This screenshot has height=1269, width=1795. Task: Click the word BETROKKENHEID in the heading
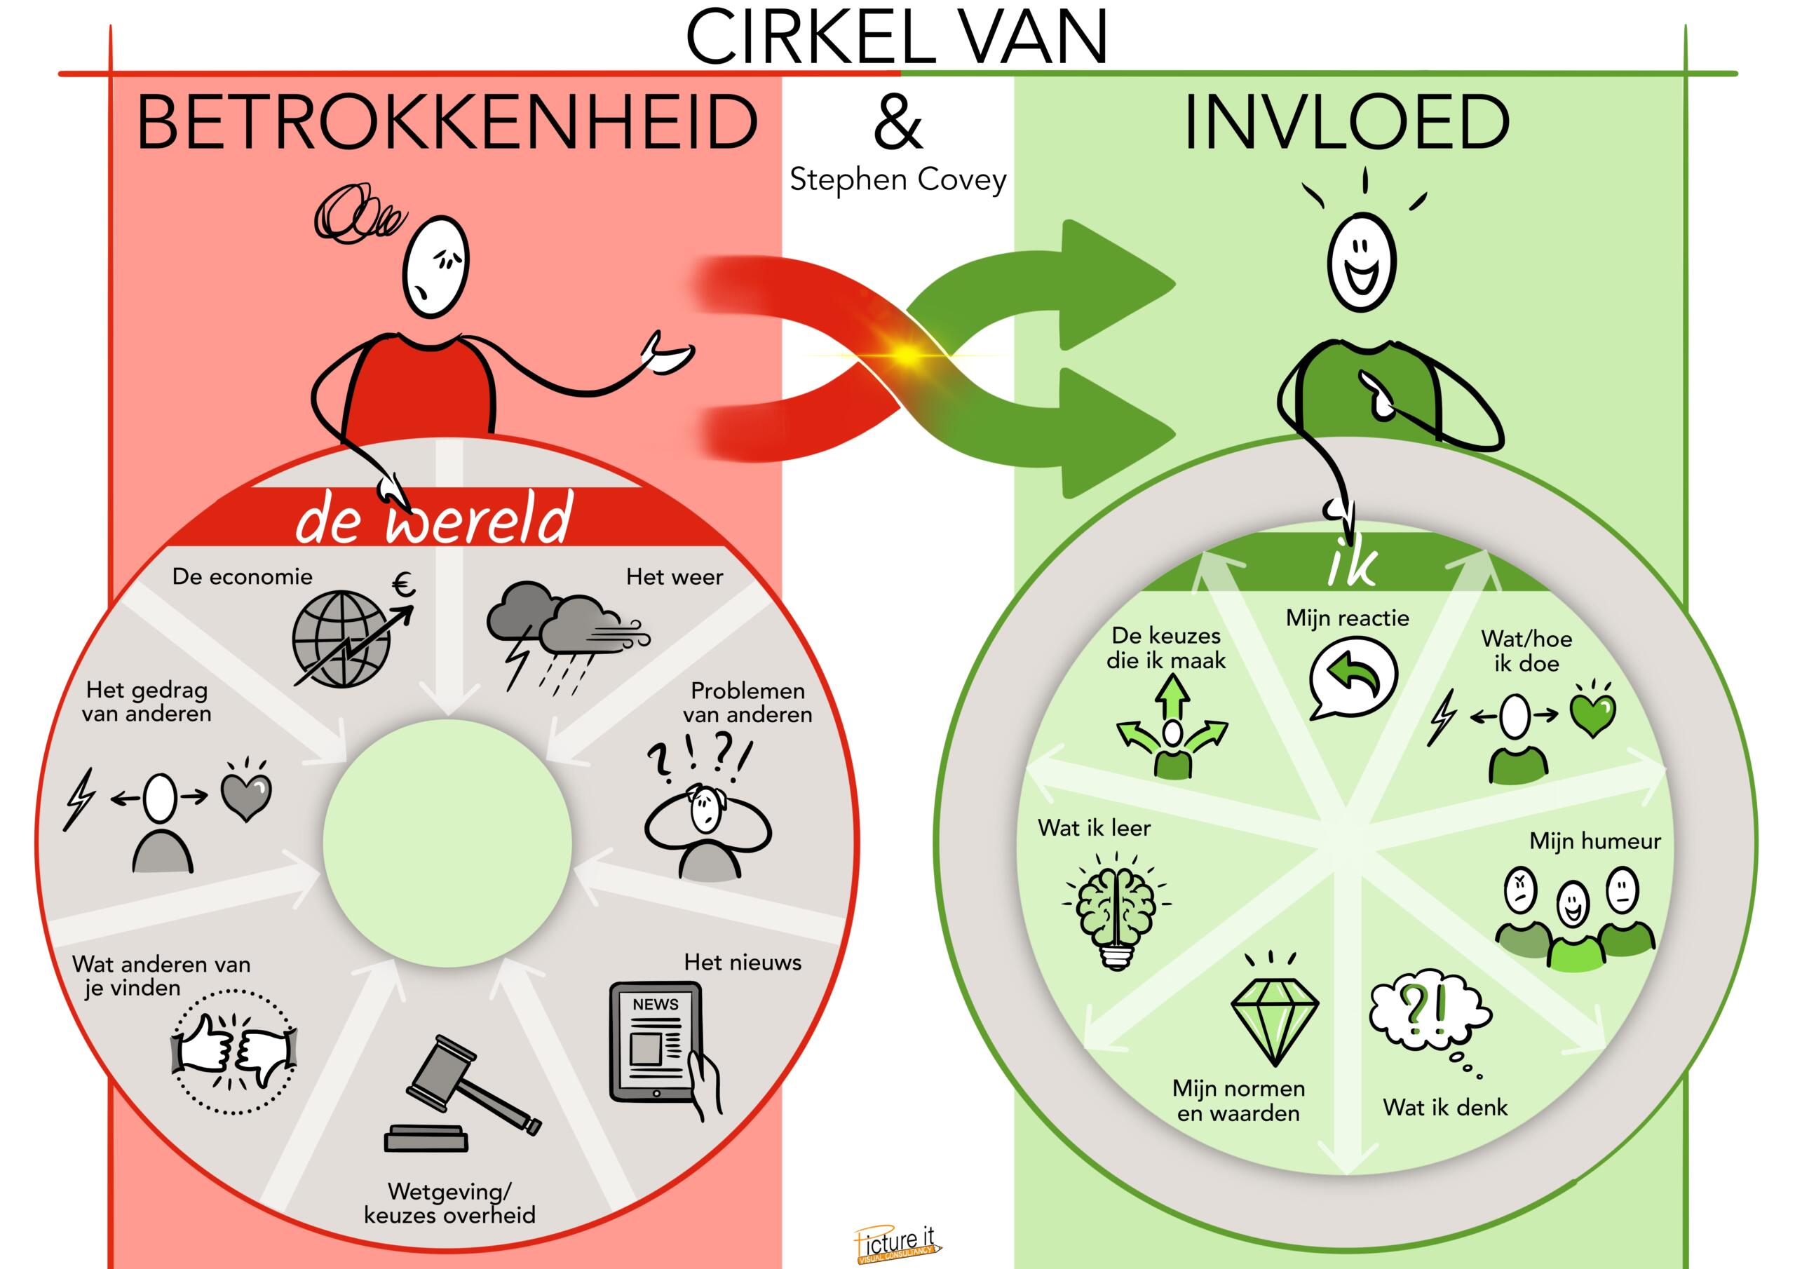click(x=447, y=123)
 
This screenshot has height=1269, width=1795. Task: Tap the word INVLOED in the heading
click(x=1346, y=123)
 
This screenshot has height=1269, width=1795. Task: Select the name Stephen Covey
click(x=897, y=180)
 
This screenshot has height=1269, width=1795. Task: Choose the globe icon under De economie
click(x=344, y=638)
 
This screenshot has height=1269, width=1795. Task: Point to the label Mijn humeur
click(x=1595, y=841)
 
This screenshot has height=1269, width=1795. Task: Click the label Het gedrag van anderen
click(x=147, y=701)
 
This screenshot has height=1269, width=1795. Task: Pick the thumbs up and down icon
click(x=233, y=1052)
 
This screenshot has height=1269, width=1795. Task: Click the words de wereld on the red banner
click(x=435, y=518)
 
